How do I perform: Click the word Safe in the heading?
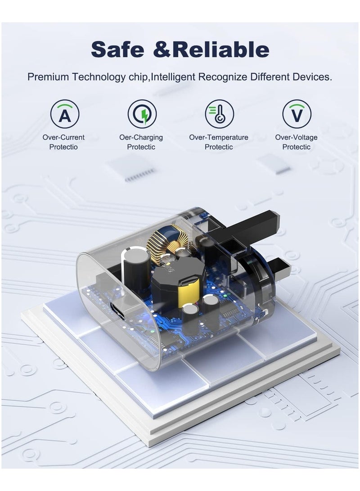[117, 49]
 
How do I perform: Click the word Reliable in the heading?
[220, 49]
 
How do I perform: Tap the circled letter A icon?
[64, 114]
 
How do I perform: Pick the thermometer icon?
[219, 114]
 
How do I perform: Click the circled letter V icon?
[297, 114]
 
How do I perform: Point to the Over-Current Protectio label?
[63, 142]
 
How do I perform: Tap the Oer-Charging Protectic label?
[141, 142]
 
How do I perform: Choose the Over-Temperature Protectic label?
[219, 142]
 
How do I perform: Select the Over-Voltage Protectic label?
[296, 142]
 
